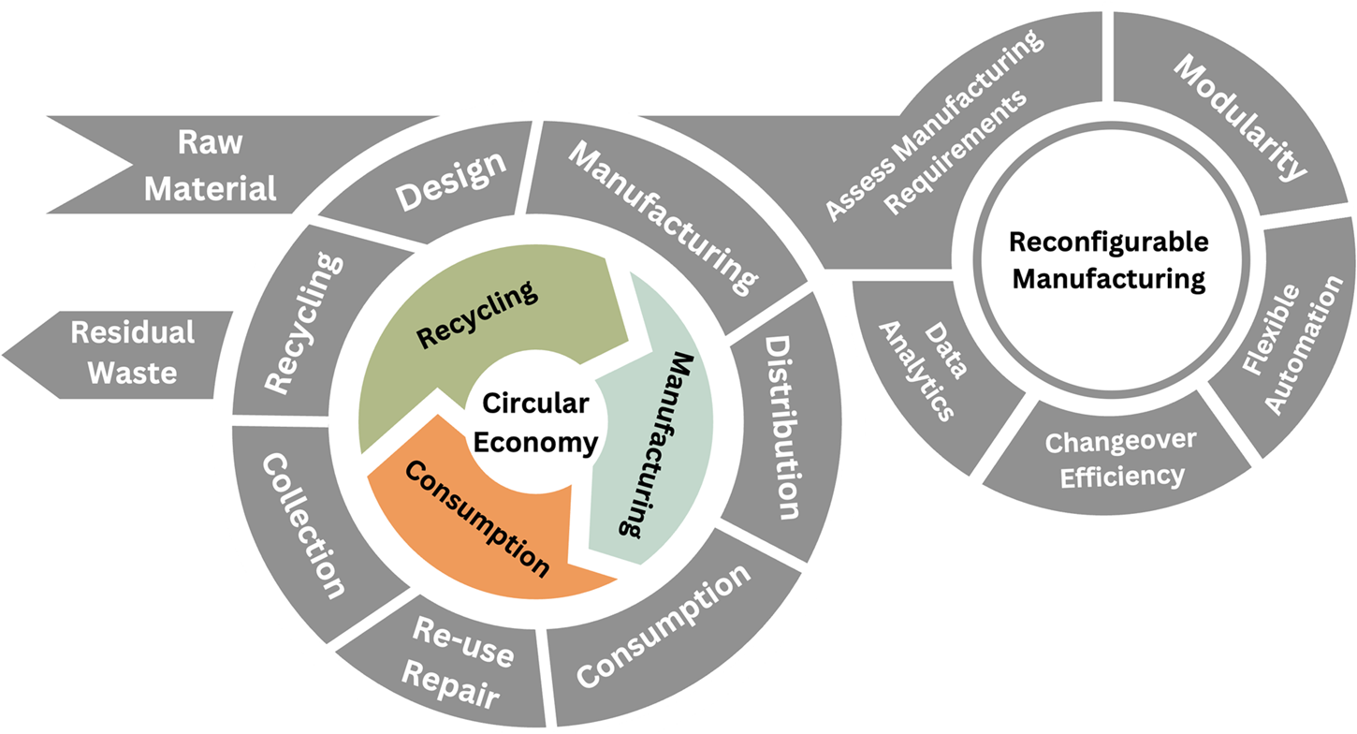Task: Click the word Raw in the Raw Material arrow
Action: (x=210, y=143)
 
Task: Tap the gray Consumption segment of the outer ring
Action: (x=663, y=624)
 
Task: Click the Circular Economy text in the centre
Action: (x=535, y=423)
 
